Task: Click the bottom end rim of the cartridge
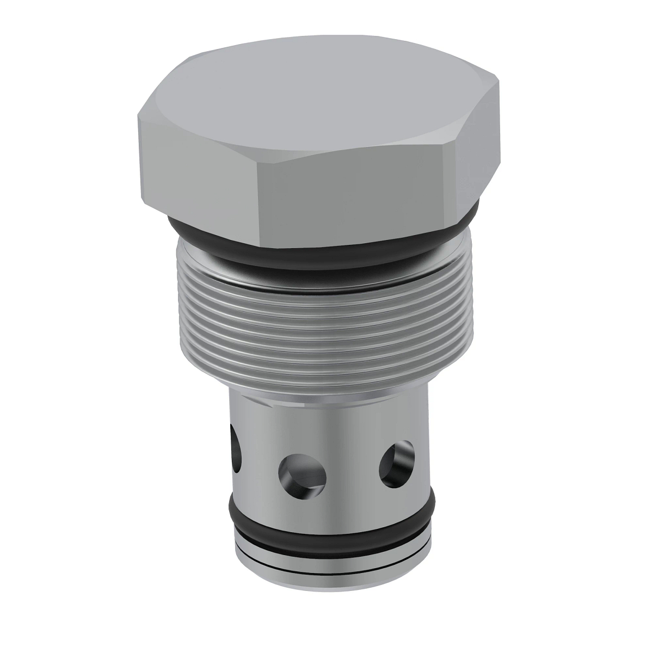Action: click(x=332, y=566)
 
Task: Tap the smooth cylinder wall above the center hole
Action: click(x=299, y=430)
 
